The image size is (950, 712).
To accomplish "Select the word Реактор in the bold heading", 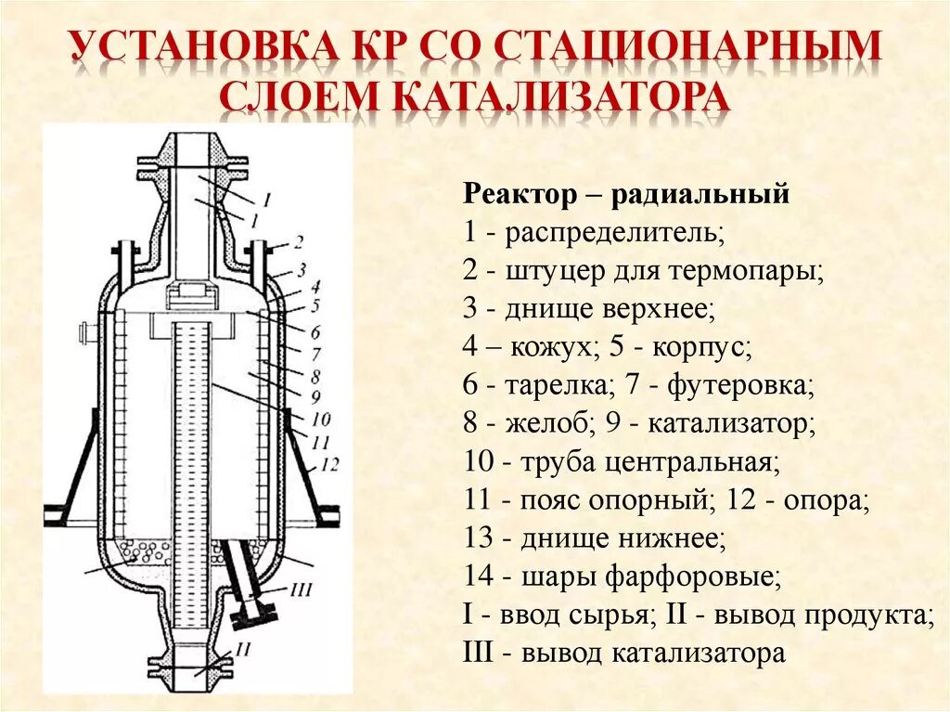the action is [519, 195].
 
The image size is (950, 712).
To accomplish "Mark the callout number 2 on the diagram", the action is [298, 243].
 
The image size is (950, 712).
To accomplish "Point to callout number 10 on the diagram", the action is [321, 418].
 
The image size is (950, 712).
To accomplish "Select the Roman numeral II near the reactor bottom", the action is [244, 650].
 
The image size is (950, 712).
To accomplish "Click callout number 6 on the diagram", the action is [315, 331].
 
